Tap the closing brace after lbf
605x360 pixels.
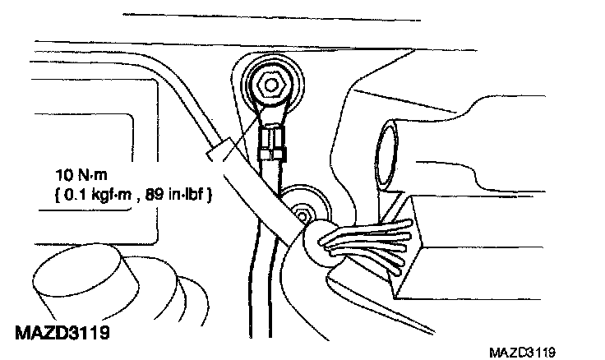click(211, 196)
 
